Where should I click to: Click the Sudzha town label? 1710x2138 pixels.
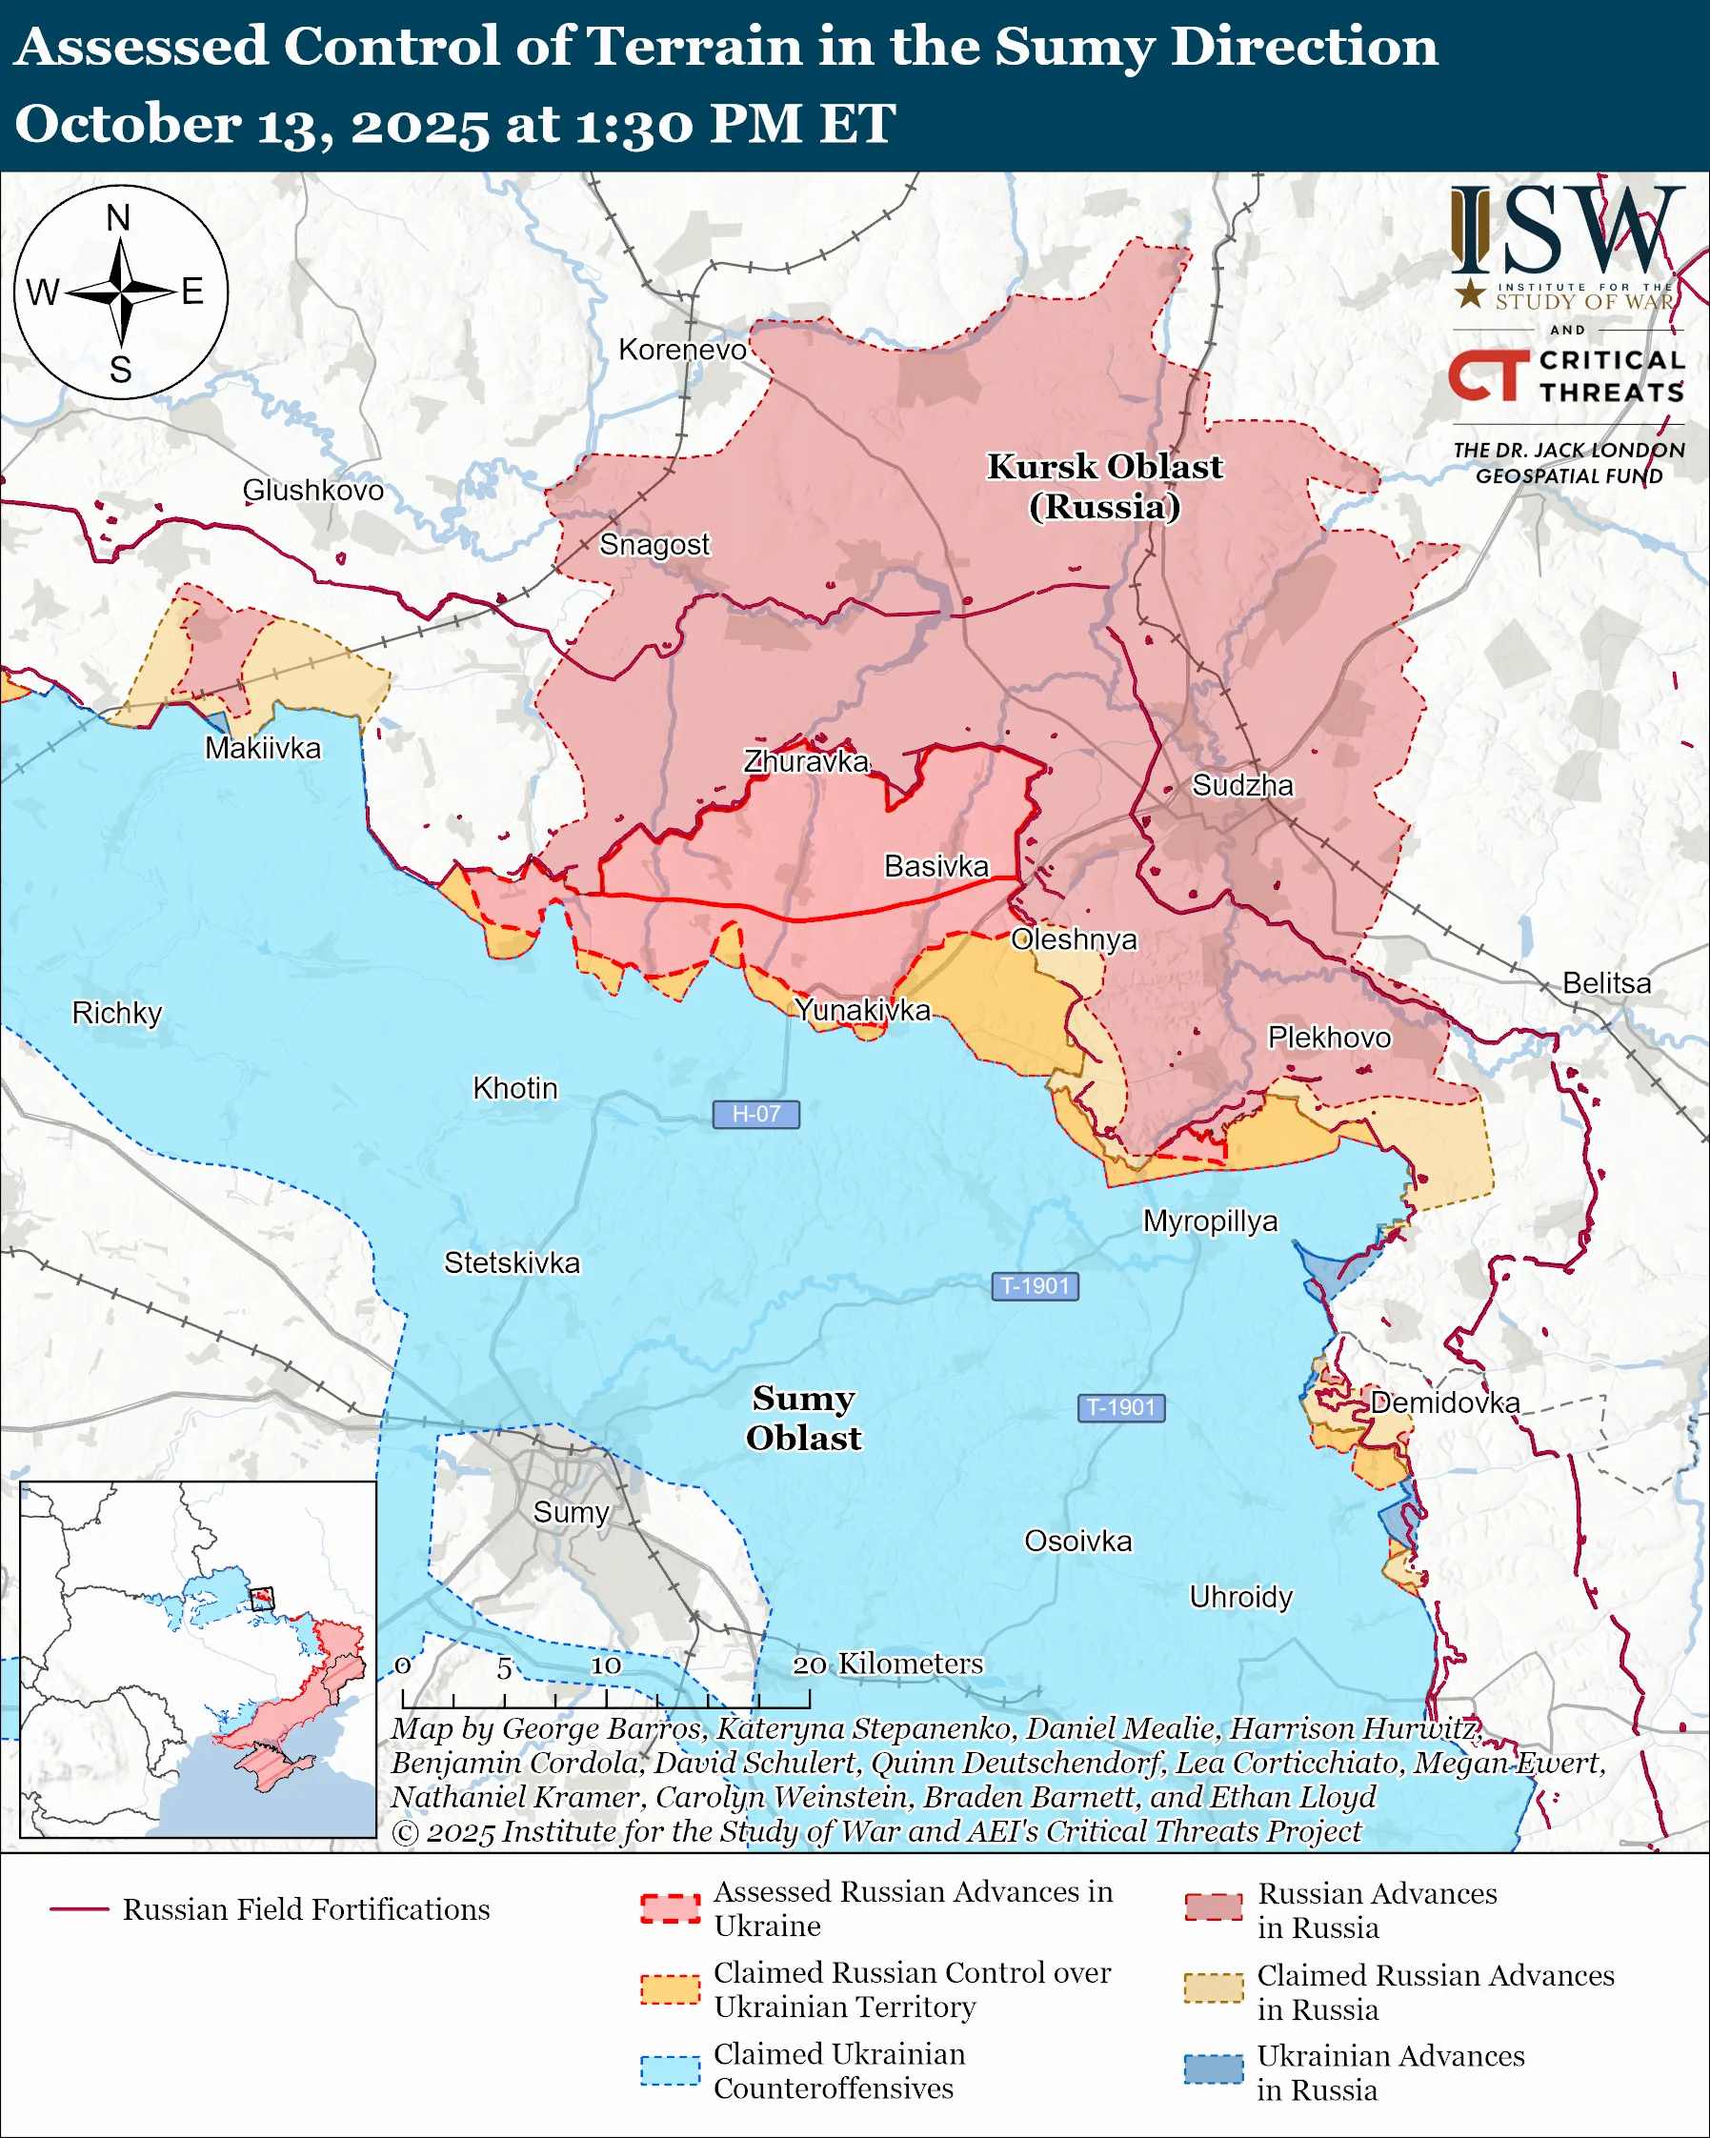tap(1242, 785)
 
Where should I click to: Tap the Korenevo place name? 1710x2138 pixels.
tap(682, 349)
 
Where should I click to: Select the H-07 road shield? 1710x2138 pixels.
tap(755, 1114)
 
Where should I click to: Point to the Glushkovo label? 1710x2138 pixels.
tap(313, 490)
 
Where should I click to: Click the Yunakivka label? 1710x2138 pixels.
tap(862, 1010)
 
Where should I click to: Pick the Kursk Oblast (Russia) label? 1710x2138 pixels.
tap(1104, 486)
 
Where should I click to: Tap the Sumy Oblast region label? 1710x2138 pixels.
tap(803, 1417)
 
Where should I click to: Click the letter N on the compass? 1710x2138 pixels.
tap(119, 218)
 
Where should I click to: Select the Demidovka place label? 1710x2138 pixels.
tap(1444, 1402)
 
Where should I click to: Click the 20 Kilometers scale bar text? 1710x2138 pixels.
tap(887, 1664)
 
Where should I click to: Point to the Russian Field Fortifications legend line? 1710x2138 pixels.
tap(79, 1909)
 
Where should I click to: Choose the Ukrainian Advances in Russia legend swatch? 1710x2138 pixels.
tap(1213, 2069)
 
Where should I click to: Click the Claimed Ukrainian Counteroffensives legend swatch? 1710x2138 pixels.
tap(669, 2070)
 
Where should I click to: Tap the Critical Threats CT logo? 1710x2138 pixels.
tap(1488, 374)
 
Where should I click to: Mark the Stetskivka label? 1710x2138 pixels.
tap(512, 1262)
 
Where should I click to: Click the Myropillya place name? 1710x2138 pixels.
tap(1210, 1220)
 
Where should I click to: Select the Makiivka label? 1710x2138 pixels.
tap(263, 748)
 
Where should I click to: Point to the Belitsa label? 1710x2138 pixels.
tap(1606, 982)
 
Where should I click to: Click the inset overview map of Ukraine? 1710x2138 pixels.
tap(198, 1658)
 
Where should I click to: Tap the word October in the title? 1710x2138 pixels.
tap(127, 125)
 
